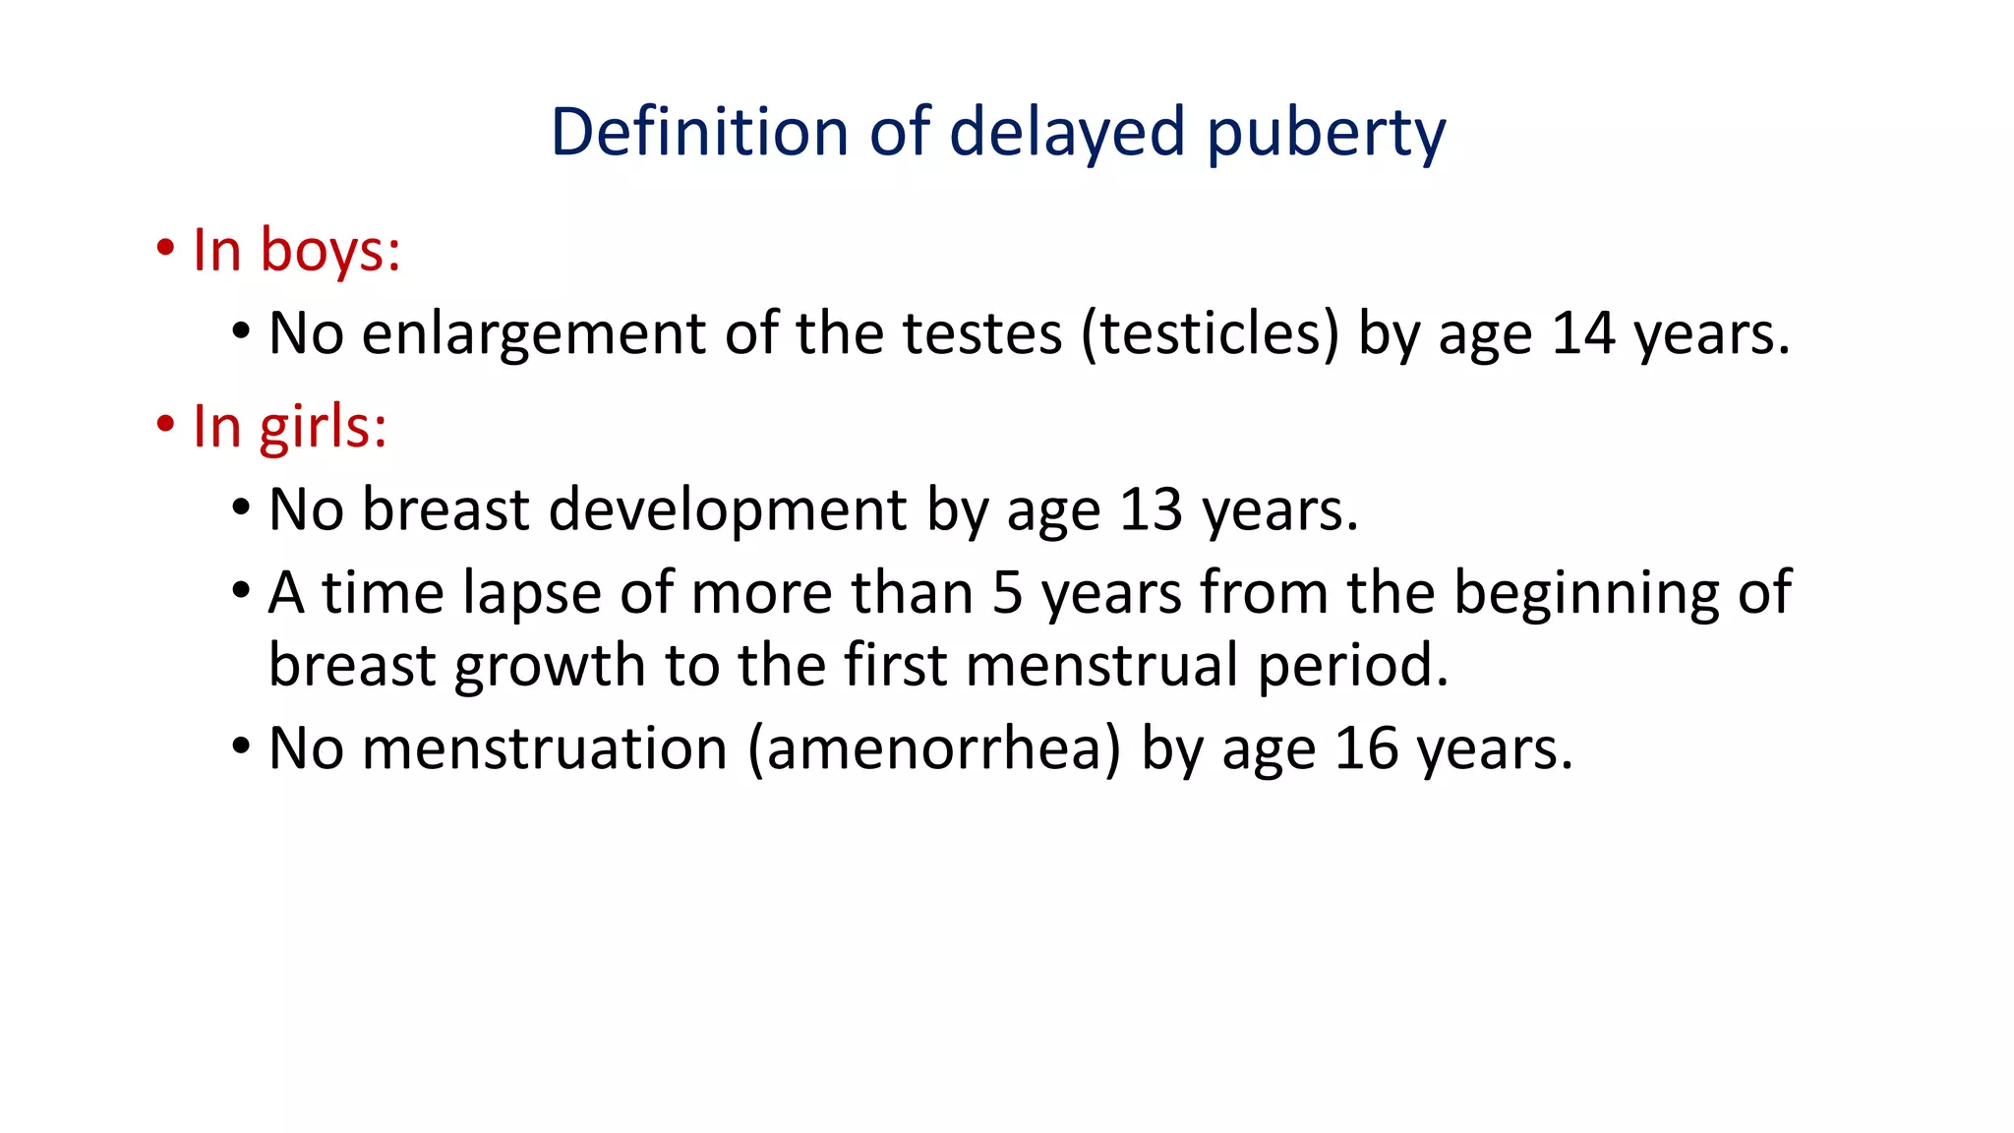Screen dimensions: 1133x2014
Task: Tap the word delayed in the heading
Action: tap(1067, 133)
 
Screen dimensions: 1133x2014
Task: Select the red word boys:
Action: tap(330, 250)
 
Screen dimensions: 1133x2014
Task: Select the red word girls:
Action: tap(324, 427)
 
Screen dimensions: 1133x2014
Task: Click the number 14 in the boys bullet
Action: tap(1583, 333)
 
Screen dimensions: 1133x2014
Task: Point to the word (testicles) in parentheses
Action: tap(1210, 333)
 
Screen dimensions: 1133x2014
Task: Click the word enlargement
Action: tap(533, 334)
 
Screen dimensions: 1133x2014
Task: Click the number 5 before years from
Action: tap(1007, 593)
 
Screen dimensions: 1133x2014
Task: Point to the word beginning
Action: tap(1586, 594)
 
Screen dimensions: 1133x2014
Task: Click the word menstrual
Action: tap(1101, 666)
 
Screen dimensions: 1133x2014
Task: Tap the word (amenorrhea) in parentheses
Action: tap(934, 748)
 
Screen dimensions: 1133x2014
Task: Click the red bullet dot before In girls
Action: tap(165, 425)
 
